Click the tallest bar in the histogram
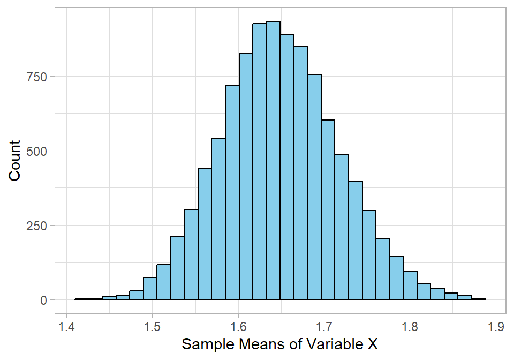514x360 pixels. pyautogui.click(x=273, y=161)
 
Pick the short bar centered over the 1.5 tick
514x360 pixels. pyautogui.click(x=150, y=289)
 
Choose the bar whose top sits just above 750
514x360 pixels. pyautogui.click(x=314, y=187)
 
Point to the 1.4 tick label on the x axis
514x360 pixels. pyautogui.click(x=66, y=326)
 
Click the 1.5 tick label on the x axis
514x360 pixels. pyautogui.click(x=153, y=326)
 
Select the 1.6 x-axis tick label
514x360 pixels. pyautogui.click(x=238, y=326)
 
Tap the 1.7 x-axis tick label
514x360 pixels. pyautogui.click(x=324, y=326)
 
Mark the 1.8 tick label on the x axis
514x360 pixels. pyautogui.click(x=410, y=326)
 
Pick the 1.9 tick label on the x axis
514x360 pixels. pyautogui.click(x=496, y=326)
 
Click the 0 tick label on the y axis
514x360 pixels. pyautogui.click(x=45, y=300)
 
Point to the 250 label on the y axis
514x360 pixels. pyautogui.click(x=37, y=226)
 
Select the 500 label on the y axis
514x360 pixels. pyautogui.click(x=37, y=151)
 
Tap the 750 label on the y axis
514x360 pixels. pyautogui.click(x=37, y=77)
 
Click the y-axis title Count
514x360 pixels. pyautogui.click(x=14, y=160)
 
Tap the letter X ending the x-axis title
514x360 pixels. pyautogui.click(x=372, y=344)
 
